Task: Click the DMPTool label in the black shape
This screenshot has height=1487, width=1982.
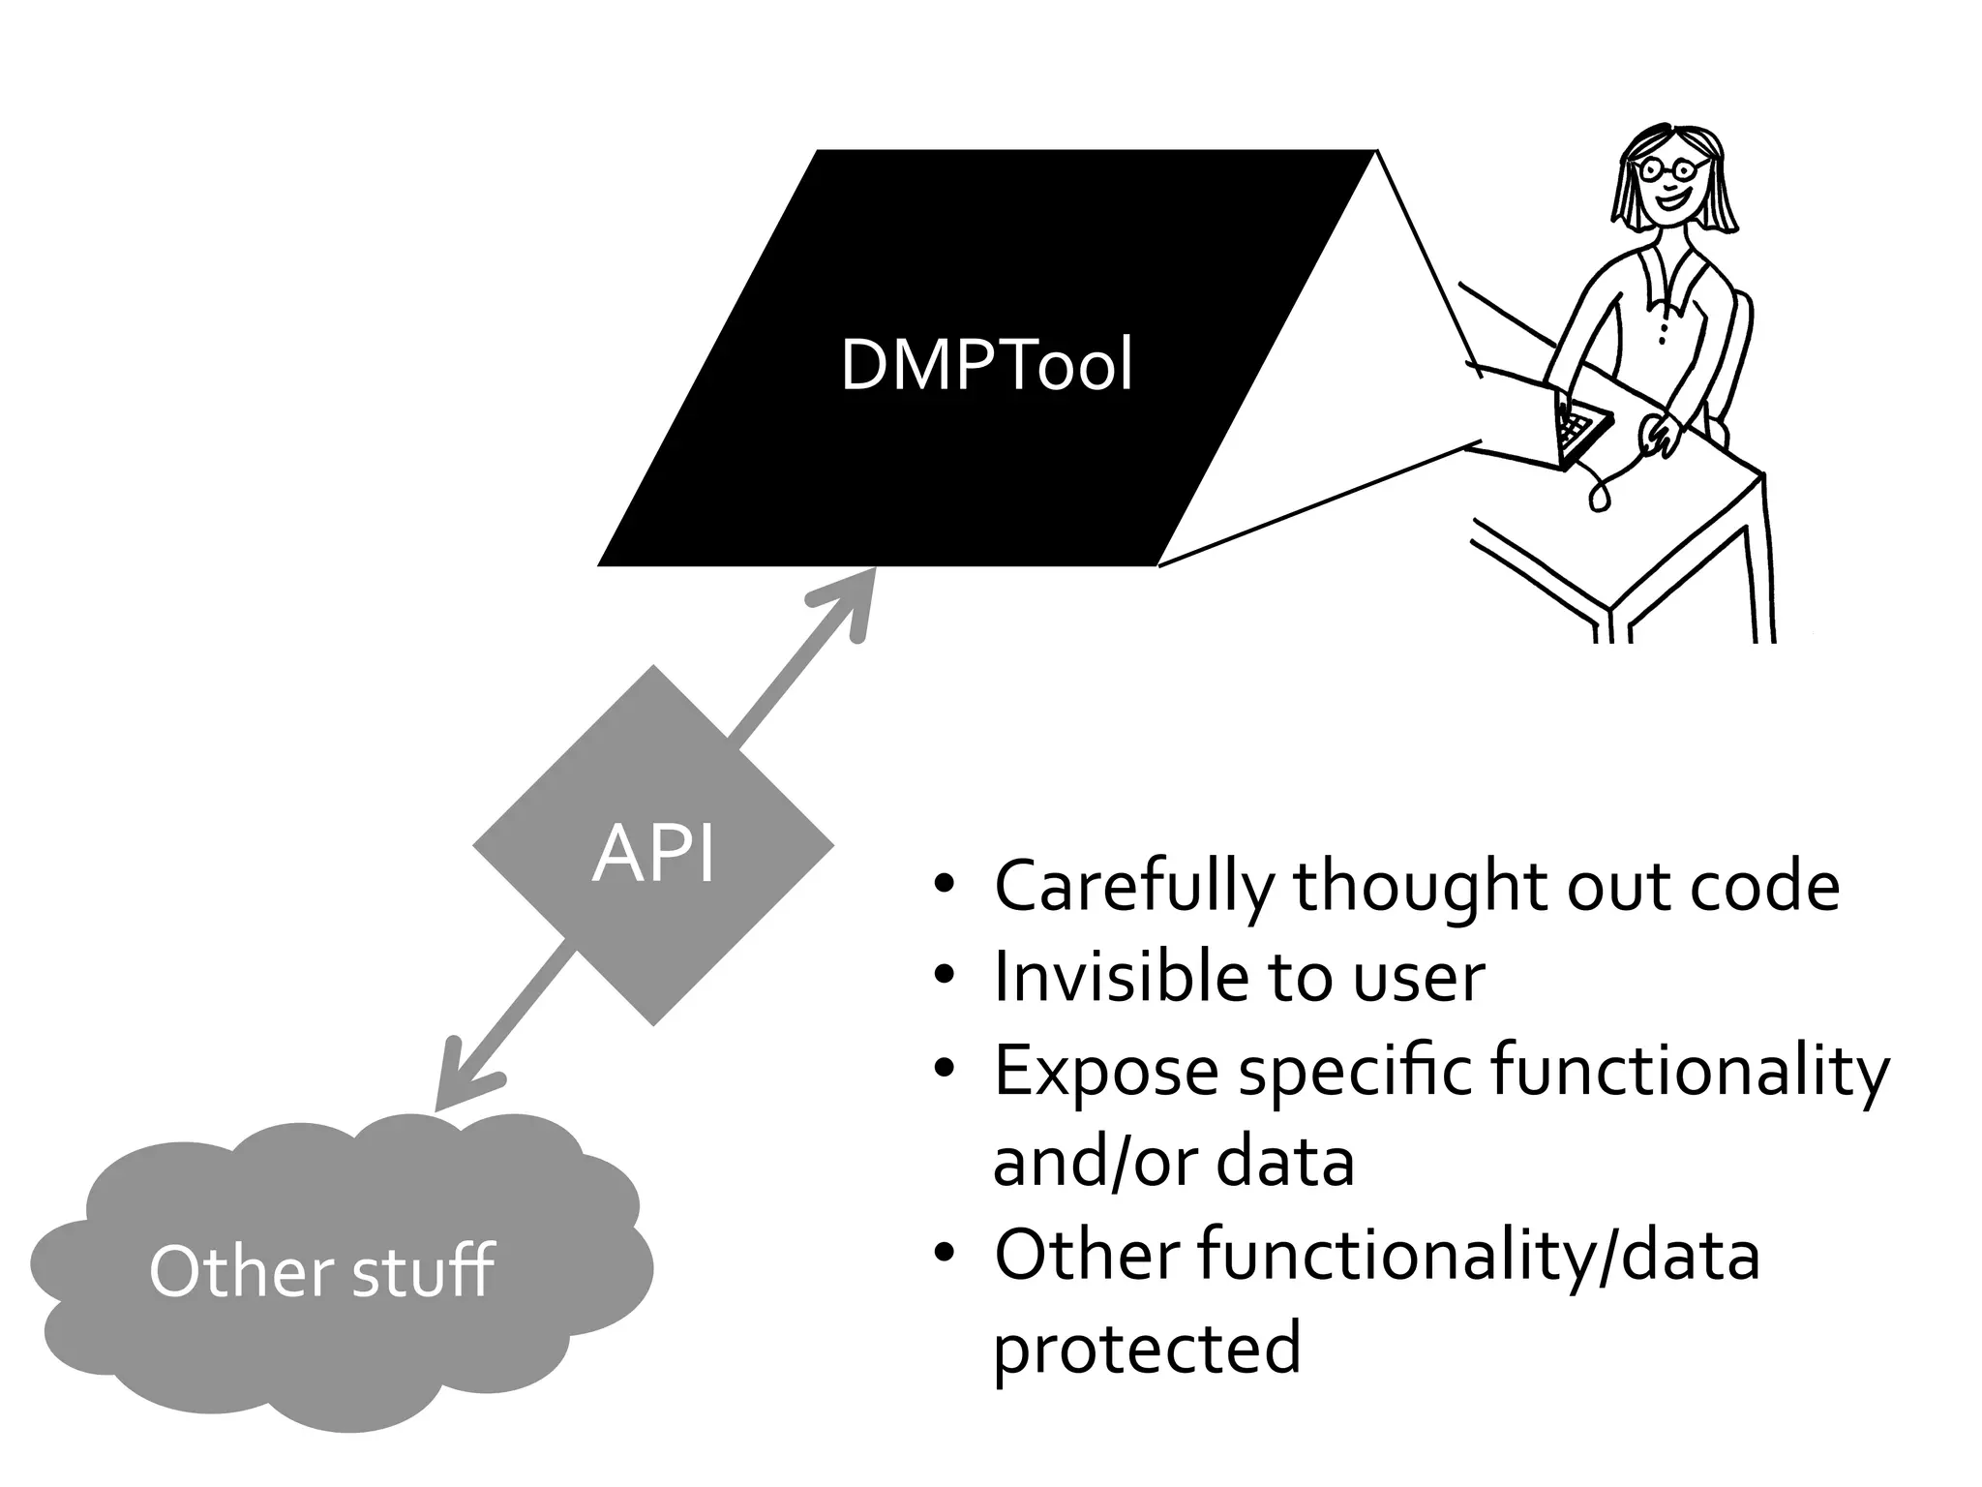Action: (986, 366)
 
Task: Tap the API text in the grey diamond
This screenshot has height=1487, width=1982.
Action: (654, 854)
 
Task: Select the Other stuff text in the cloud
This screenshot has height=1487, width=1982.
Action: (321, 1271)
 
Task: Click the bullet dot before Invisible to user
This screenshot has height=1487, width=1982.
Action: (945, 977)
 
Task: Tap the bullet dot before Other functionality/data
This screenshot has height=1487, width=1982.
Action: (945, 1255)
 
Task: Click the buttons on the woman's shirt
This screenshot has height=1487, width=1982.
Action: (1663, 329)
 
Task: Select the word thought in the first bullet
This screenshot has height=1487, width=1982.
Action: (1421, 887)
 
